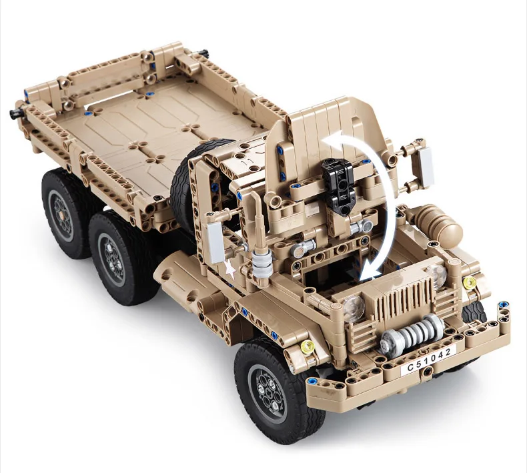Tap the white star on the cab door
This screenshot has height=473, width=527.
(231, 269)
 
